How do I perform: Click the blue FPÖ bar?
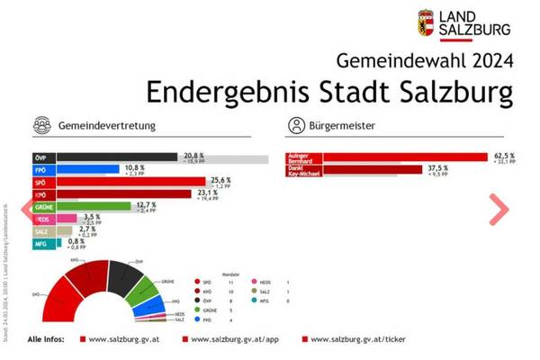point(88,168)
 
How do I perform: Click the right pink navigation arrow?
point(499,209)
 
